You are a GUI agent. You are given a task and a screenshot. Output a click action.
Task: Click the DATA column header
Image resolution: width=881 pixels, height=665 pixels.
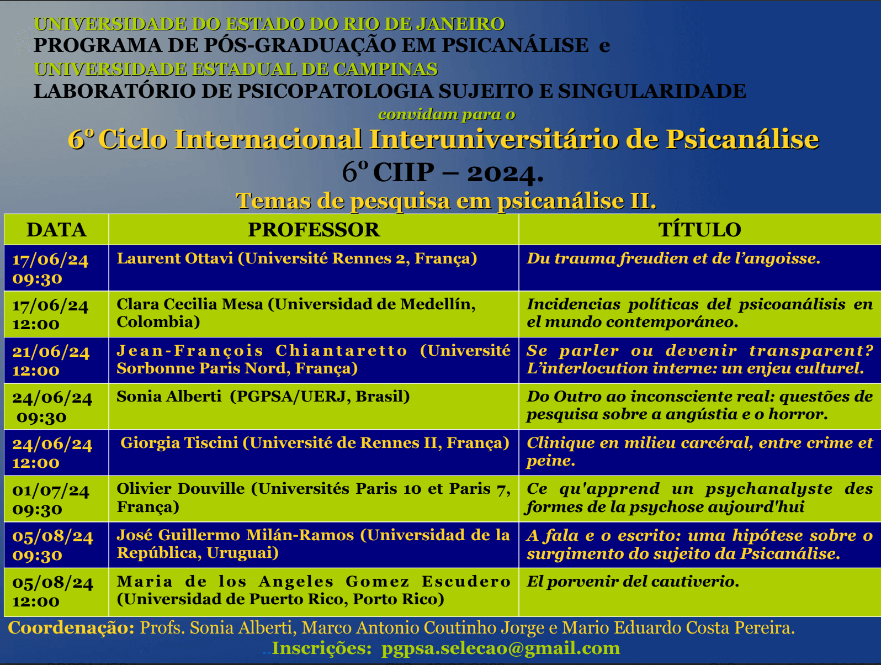[x=57, y=230]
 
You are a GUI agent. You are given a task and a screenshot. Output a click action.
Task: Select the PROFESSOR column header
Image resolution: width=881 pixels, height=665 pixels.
[x=314, y=230]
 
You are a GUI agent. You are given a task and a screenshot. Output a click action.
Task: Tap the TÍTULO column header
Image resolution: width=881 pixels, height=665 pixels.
[x=699, y=229]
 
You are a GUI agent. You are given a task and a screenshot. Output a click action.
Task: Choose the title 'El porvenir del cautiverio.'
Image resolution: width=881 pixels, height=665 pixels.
[x=633, y=582]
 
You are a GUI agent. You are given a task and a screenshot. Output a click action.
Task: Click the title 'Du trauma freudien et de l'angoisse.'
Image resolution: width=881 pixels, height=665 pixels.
[x=673, y=258]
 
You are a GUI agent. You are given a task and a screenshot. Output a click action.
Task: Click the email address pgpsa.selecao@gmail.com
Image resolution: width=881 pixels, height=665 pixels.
[x=501, y=648]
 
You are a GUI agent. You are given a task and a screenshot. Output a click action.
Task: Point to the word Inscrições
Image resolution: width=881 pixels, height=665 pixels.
[x=322, y=648]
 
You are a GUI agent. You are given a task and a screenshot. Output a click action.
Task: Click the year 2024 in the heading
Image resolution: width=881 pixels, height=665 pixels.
[x=505, y=173]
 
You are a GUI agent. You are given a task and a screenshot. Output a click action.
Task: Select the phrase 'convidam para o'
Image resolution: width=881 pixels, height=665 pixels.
[x=447, y=115]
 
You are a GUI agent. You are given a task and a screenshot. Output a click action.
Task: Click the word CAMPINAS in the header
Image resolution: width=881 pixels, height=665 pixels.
[x=385, y=70]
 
